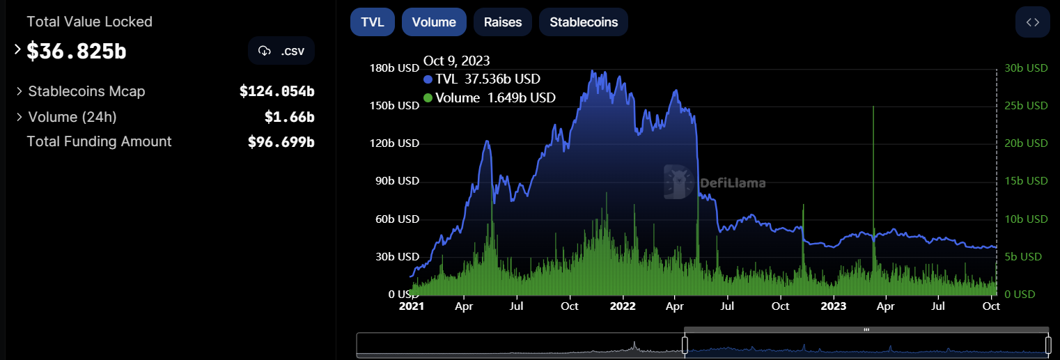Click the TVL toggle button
point(372,22)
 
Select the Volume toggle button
point(433,22)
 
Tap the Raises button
point(502,22)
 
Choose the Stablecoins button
point(583,22)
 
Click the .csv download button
point(281,51)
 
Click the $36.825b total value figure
point(77,51)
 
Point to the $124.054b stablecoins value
point(276,91)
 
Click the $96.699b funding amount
point(281,142)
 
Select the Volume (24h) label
point(72,116)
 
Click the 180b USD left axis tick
point(393,68)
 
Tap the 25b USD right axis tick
point(1026,106)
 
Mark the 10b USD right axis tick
point(1026,219)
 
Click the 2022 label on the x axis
point(623,306)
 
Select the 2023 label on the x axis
point(833,306)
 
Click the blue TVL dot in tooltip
point(428,79)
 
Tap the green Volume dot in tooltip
point(428,98)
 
